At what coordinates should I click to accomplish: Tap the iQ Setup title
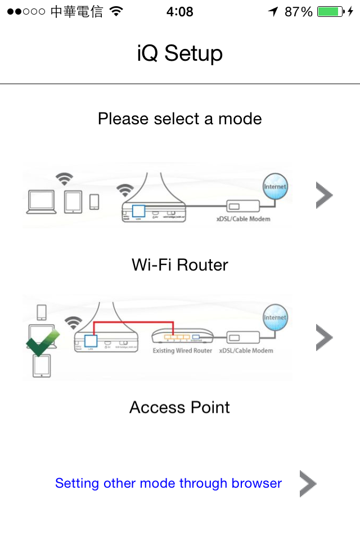click(x=180, y=54)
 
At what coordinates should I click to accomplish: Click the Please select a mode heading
click(x=180, y=119)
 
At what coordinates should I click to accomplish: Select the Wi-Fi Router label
click(x=180, y=264)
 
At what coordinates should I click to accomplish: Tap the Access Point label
click(x=180, y=407)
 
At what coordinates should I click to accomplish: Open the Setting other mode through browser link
click(x=168, y=483)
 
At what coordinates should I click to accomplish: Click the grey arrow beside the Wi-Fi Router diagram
click(x=324, y=196)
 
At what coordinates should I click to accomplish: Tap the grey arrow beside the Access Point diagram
click(x=324, y=337)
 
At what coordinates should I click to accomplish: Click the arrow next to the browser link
click(x=307, y=484)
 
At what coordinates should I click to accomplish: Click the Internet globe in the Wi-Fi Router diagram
click(x=275, y=187)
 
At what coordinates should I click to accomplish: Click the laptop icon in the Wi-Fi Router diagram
click(x=42, y=202)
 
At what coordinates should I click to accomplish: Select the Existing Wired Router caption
click(x=182, y=351)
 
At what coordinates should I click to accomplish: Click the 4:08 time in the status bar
click(x=180, y=12)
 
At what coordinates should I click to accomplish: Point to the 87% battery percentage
click(x=298, y=12)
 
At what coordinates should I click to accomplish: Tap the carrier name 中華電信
click(x=76, y=12)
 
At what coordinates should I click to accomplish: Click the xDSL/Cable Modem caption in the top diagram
click(x=243, y=218)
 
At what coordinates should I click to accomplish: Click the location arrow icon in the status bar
click(x=273, y=12)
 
